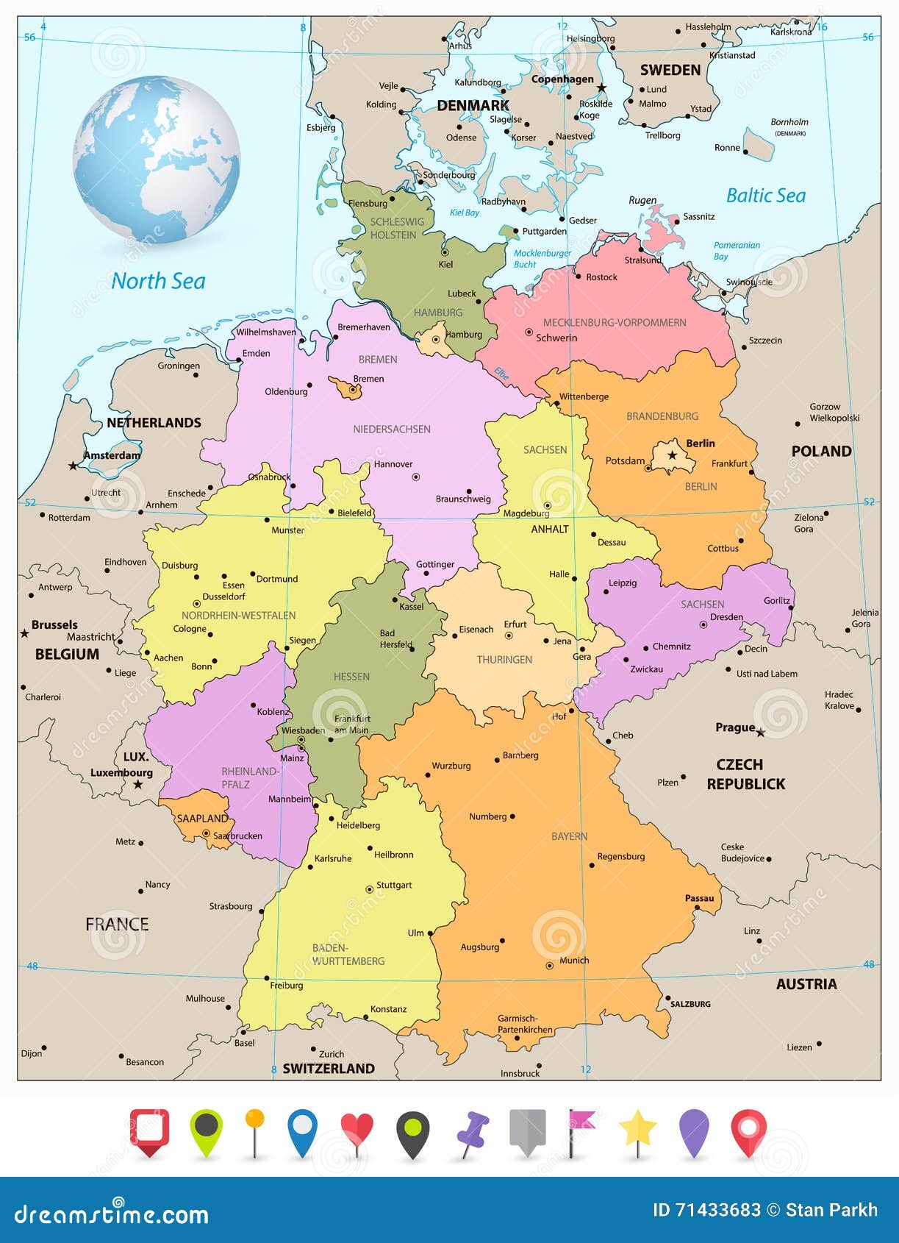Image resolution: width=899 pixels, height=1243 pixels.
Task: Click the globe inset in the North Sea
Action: (x=156, y=160)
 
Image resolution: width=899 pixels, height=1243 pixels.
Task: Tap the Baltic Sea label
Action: (x=765, y=196)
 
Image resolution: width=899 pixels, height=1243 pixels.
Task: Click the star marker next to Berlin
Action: (x=671, y=455)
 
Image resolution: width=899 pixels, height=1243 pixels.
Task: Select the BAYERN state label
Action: (x=569, y=836)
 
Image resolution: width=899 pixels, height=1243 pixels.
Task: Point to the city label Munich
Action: (x=574, y=960)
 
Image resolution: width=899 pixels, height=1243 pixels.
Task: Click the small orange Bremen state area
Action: (x=345, y=388)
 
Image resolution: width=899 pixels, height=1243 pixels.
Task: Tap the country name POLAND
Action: (x=821, y=451)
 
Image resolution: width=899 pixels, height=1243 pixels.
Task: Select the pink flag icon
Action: (x=581, y=1122)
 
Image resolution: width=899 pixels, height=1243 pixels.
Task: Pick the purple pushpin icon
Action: (x=473, y=1131)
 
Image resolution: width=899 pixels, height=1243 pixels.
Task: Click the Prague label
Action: (x=735, y=727)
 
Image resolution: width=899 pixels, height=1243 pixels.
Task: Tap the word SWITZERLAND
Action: (x=329, y=1069)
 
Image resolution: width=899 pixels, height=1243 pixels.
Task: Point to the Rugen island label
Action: (x=642, y=200)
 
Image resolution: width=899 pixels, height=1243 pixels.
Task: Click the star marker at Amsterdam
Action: (x=73, y=466)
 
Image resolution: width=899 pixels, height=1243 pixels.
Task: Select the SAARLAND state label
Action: (x=202, y=819)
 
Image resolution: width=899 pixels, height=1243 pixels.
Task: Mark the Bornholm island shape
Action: (x=759, y=144)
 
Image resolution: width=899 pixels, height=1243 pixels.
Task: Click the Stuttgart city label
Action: (x=394, y=885)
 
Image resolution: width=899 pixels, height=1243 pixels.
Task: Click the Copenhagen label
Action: (x=562, y=79)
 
